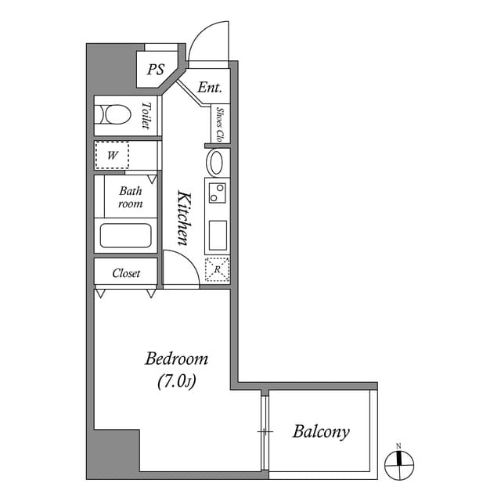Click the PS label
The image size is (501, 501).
155,70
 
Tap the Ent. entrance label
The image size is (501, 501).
209,88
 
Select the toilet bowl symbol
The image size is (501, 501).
114,116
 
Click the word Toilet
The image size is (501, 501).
146,116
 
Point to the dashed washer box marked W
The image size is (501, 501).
112,155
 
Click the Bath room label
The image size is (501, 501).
131,197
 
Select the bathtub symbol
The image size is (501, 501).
125,236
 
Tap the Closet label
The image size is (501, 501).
126,273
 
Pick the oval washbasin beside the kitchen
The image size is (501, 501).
217,163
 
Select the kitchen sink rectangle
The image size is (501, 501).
217,234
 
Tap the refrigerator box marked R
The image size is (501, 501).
217,269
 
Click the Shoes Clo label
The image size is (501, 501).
221,125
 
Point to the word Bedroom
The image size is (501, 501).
176,359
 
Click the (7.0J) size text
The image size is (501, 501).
176,382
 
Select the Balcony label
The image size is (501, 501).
321,431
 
